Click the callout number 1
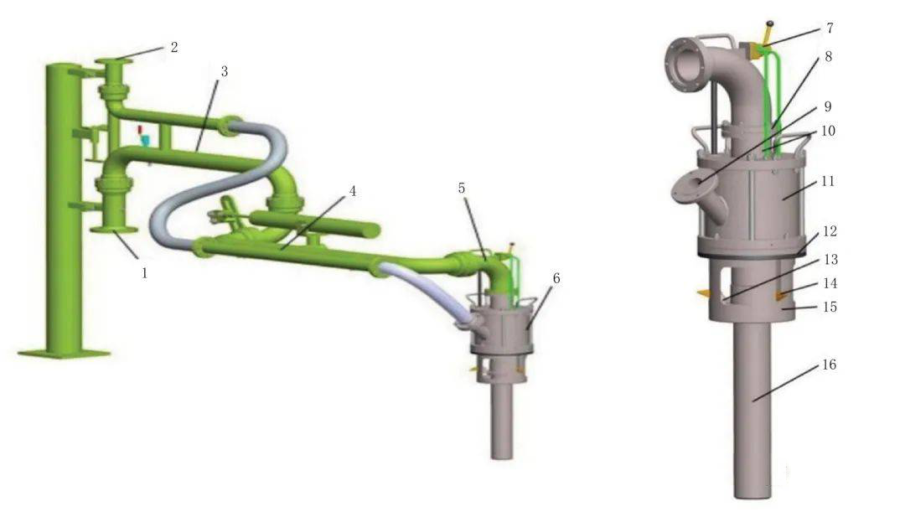144,272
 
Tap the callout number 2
173,47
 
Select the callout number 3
225,71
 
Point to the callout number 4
353,191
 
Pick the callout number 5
462,188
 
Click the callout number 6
556,278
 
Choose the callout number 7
830,27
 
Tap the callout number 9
828,106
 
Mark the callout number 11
828,181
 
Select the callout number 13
830,260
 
